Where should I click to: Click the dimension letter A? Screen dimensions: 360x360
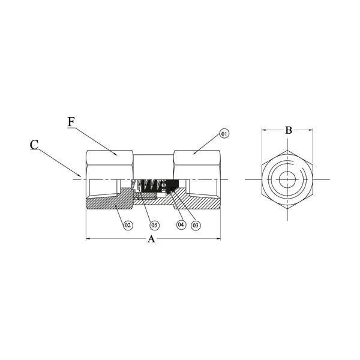pos(151,239)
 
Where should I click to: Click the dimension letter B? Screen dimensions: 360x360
pos(289,130)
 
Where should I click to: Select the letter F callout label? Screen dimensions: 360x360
pos(71,122)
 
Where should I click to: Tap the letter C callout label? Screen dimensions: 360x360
pos(34,145)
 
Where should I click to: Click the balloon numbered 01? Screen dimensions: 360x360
pos(224,133)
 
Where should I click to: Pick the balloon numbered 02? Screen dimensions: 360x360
pos(128,225)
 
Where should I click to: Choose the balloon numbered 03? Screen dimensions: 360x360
pos(196,226)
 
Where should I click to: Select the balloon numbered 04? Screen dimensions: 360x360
pos(181,224)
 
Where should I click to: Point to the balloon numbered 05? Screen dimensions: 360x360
pos(155,225)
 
